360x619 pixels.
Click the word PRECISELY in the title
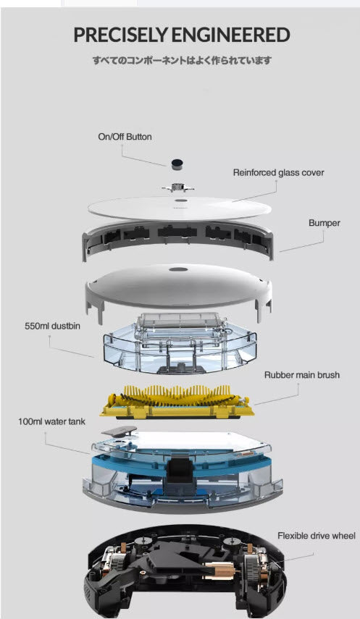[120, 35]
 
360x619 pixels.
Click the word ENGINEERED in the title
[231, 35]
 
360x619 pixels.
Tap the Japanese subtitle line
[183, 60]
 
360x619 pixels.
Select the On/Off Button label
[125, 137]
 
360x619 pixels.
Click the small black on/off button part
[177, 164]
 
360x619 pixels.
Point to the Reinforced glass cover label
[278, 173]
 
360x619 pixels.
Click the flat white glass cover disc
[180, 208]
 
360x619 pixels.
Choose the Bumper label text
[325, 223]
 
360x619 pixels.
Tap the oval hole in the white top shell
[177, 269]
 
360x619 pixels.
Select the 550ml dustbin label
[52, 327]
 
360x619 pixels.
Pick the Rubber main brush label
[302, 375]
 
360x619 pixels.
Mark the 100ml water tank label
[51, 421]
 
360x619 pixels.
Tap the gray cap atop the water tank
[119, 431]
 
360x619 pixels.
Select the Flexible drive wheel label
[316, 536]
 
